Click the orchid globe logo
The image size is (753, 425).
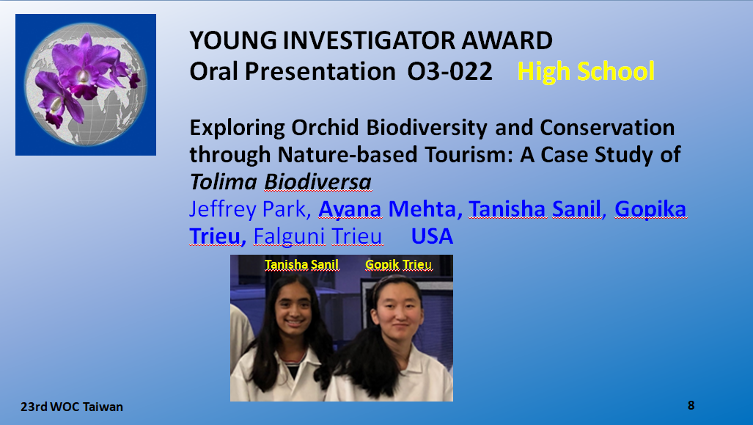pyautogui.click(x=86, y=84)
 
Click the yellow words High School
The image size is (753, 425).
pyautogui.click(x=586, y=71)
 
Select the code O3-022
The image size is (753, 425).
pyautogui.click(x=450, y=71)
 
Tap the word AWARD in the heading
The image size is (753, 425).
pyautogui.click(x=507, y=40)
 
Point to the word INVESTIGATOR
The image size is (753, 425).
pyautogui.click(x=369, y=40)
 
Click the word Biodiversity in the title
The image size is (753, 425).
pyautogui.click(x=427, y=128)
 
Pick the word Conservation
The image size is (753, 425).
pyautogui.click(x=608, y=128)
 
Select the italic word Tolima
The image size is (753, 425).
pyautogui.click(x=224, y=182)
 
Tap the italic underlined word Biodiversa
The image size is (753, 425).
pyautogui.click(x=318, y=182)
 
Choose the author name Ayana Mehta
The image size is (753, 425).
pyautogui.click(x=387, y=209)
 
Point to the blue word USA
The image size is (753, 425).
pyautogui.click(x=432, y=236)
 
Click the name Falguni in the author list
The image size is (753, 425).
pyautogui.click(x=289, y=237)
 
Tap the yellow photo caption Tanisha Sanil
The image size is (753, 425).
pyautogui.click(x=301, y=264)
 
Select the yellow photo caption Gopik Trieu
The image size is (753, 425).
pyautogui.click(x=398, y=265)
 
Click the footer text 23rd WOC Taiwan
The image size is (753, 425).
pyautogui.click(x=72, y=407)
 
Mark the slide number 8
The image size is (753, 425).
pyautogui.click(x=691, y=405)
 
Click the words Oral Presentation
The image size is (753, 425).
pyautogui.click(x=293, y=71)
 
